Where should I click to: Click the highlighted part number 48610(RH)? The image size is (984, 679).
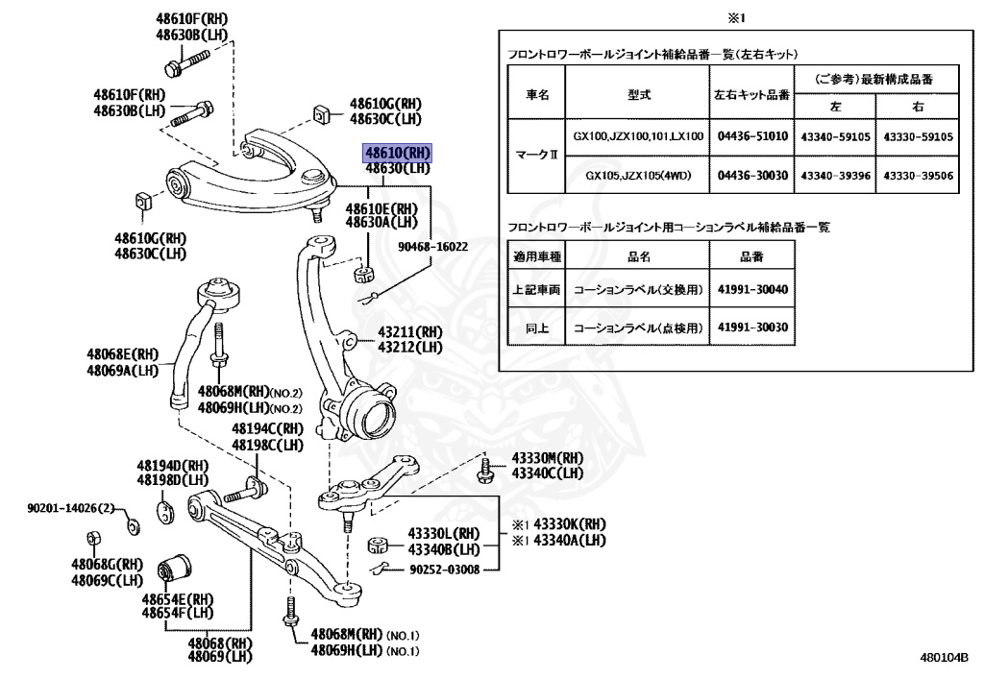pyautogui.click(x=396, y=153)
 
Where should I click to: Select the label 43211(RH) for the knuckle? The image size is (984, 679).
pyautogui.click(x=409, y=332)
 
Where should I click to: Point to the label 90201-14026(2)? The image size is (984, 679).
pyautogui.click(x=69, y=507)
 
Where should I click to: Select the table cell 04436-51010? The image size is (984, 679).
pyautogui.click(x=751, y=136)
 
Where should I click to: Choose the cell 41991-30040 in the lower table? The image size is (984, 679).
pyautogui.click(x=751, y=288)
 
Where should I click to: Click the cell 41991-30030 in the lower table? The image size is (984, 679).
pyautogui.click(x=751, y=327)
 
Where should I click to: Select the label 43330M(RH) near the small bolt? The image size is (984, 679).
pyautogui.click(x=547, y=459)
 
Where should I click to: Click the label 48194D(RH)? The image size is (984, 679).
pyautogui.click(x=172, y=466)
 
